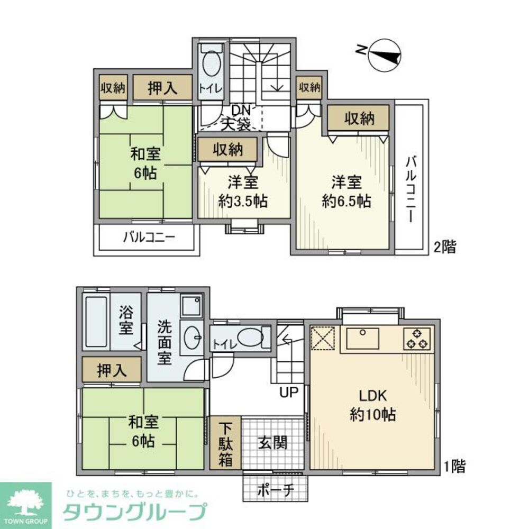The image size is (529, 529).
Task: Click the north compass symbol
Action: [384, 56]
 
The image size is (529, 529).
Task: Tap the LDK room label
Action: [373, 405]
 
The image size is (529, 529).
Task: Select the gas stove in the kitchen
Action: [417, 339]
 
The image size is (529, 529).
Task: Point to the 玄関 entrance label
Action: [273, 442]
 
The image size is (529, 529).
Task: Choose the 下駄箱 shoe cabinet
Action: [226, 443]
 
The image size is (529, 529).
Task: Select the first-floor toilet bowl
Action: [248, 337]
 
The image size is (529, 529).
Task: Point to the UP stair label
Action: [289, 392]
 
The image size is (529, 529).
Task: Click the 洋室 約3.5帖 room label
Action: [243, 192]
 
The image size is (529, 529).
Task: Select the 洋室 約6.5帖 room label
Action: [346, 192]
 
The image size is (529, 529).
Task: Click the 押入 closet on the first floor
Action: [112, 370]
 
